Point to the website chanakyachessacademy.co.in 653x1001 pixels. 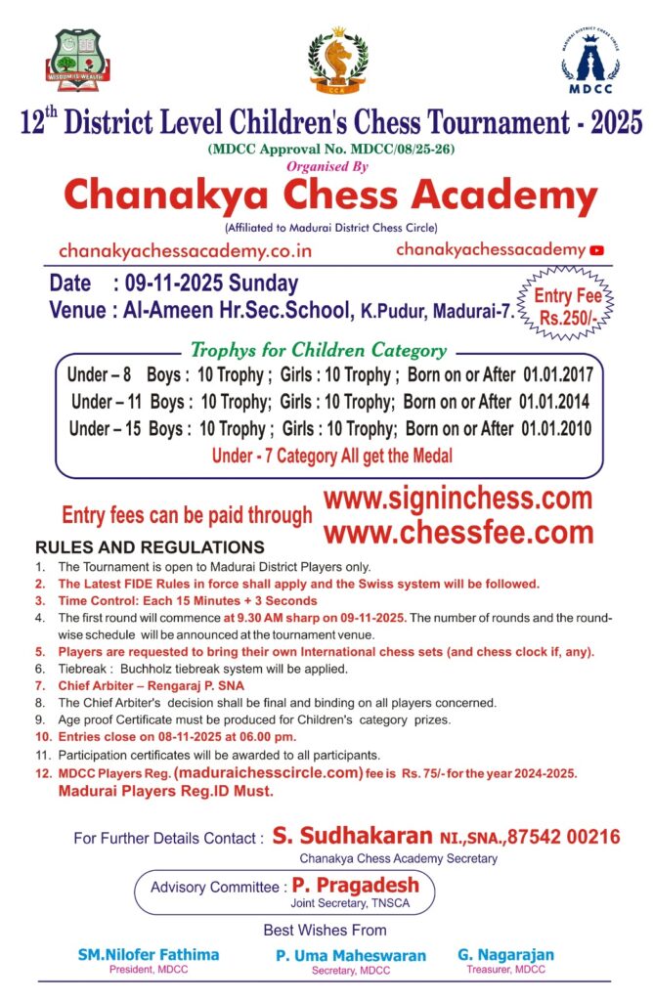pos(185,251)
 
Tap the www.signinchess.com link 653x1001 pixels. pos(457,499)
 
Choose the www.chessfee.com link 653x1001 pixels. pos(457,533)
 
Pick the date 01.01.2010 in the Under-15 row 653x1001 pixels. pos(556,429)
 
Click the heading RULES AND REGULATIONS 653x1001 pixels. pos(150,547)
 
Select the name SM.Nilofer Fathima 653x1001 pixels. pos(149,954)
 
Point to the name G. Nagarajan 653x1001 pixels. pos(505,954)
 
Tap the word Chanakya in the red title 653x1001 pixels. pos(161,197)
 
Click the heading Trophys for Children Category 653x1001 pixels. pos(318,350)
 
